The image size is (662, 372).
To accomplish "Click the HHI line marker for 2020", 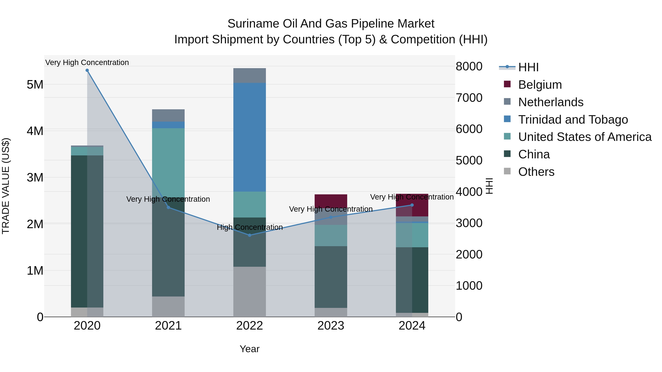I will (87, 70).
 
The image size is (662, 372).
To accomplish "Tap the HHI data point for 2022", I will (250, 235).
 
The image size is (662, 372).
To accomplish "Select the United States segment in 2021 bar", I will (168, 162).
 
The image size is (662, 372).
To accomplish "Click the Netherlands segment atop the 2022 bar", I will (250, 76).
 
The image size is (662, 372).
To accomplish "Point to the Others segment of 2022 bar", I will (250, 291).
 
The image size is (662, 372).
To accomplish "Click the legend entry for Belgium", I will (540, 85).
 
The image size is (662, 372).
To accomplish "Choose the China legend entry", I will (534, 154).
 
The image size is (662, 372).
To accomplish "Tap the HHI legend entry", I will (528, 67).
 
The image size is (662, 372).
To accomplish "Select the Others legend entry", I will (536, 172).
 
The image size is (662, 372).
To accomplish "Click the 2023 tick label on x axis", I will (331, 326).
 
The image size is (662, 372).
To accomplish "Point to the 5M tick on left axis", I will (35, 85).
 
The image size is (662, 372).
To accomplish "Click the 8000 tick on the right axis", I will (469, 66).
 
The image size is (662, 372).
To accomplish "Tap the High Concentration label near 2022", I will (250, 227).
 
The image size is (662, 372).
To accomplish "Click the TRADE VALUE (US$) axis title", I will (6, 186).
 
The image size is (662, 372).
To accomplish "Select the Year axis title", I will (250, 349).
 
